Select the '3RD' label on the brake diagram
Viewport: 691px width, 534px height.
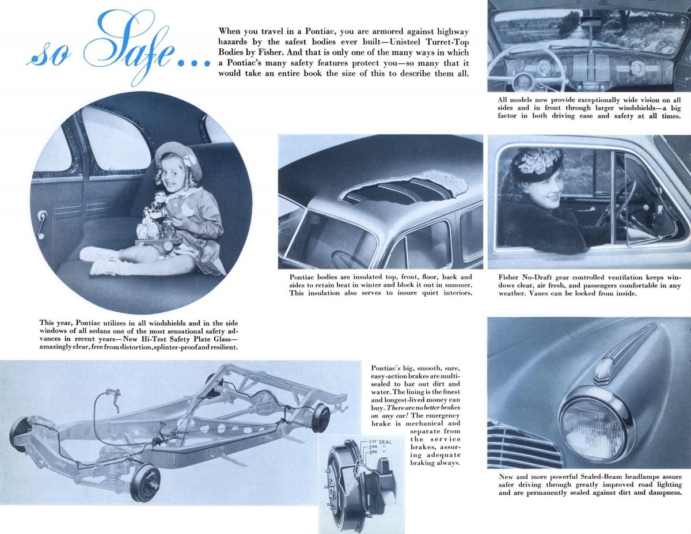click(374, 453)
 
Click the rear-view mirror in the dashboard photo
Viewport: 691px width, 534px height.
click(590, 21)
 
